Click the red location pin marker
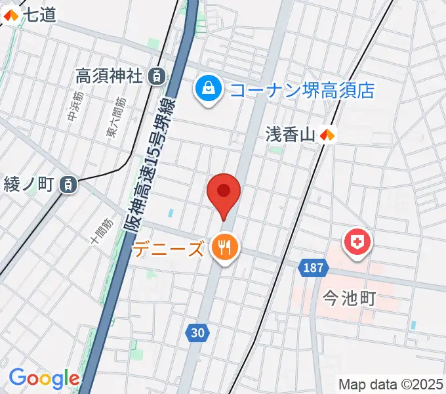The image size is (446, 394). (224, 193)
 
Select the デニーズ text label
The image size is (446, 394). (169, 249)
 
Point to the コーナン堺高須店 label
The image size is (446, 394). (302, 89)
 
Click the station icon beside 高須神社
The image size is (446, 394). (157, 76)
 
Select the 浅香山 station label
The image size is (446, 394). (291, 135)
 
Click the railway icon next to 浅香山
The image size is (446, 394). (328, 135)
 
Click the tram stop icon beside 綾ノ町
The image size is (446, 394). (68, 185)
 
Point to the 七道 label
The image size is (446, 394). (41, 14)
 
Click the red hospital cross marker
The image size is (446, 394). (357, 242)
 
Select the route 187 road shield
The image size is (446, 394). (313, 267)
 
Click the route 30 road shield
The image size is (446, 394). (198, 333)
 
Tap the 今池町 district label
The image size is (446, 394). (349, 299)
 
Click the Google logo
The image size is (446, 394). (44, 378)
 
